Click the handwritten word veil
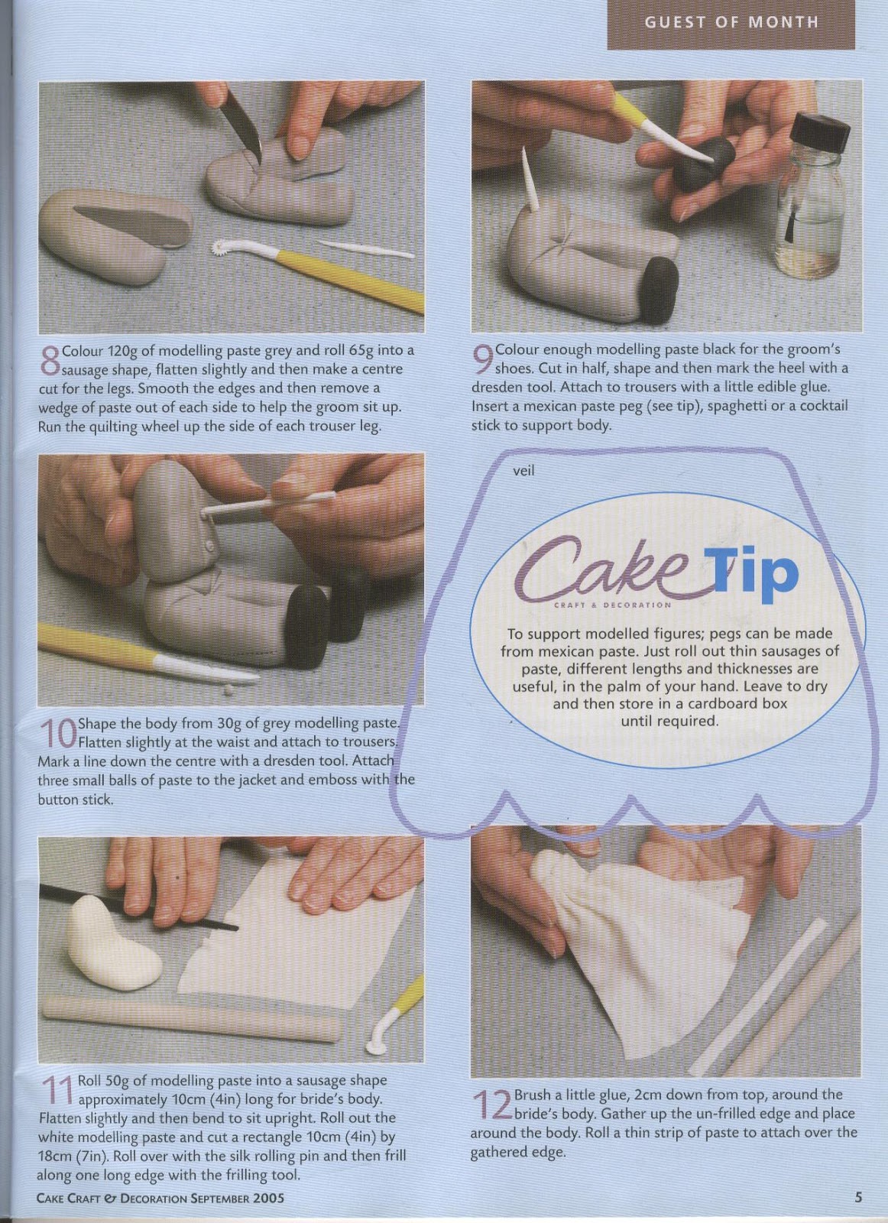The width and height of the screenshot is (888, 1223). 523,470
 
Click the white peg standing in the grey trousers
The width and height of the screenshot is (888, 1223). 530,180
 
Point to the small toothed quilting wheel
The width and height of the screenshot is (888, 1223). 220,249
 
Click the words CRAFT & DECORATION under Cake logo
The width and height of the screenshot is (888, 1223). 612,605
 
